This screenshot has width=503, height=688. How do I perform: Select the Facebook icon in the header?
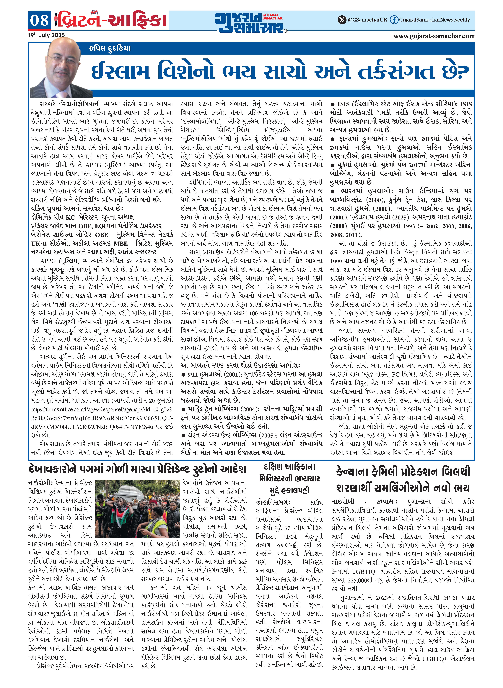[x=394, y=20]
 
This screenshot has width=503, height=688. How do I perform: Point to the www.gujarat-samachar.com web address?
[x=434, y=36]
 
